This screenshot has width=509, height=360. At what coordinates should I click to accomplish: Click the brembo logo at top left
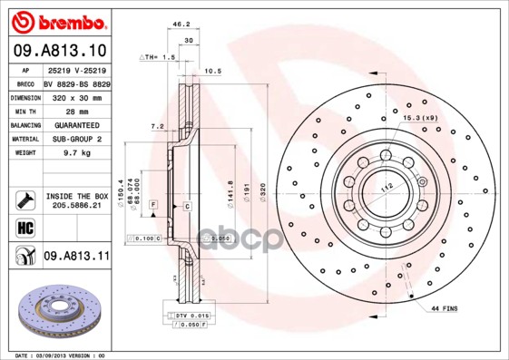(x=60, y=21)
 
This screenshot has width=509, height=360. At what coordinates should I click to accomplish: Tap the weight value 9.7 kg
(x=75, y=153)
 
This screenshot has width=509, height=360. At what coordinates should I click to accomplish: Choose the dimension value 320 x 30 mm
(x=76, y=95)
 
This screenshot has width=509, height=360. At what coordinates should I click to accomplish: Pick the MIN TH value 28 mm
(x=76, y=110)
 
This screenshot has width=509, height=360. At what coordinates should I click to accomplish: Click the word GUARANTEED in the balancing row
(x=76, y=124)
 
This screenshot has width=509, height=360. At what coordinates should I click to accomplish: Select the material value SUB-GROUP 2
(x=76, y=139)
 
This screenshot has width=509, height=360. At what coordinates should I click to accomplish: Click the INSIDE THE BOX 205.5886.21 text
(x=76, y=201)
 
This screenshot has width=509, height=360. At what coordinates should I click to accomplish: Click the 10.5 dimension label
(x=213, y=70)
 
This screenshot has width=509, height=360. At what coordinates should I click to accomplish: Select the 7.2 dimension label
(x=156, y=127)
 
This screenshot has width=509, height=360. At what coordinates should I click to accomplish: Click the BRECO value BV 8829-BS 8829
(x=76, y=82)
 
